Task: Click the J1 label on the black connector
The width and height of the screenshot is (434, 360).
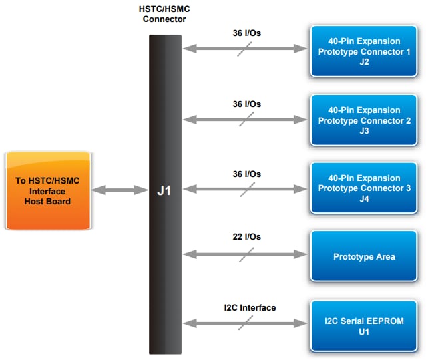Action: point(164,191)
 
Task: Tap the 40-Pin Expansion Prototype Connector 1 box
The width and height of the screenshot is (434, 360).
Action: point(363,51)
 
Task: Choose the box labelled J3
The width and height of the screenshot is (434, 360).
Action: point(363,120)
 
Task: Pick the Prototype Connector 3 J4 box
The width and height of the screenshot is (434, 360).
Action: point(363,188)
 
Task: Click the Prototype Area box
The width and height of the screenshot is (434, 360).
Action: point(363,256)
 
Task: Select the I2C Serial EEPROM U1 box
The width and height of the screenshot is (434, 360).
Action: point(363,326)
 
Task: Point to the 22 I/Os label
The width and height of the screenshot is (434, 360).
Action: point(246,236)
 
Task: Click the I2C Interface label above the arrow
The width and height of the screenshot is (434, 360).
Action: point(250,307)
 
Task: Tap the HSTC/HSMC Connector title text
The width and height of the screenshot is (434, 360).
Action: point(164,14)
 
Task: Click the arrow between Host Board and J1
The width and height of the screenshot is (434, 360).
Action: point(119,190)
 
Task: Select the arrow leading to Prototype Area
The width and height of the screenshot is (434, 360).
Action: point(245,254)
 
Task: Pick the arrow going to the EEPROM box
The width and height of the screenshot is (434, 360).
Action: point(245,323)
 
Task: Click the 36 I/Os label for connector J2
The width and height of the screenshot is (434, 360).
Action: point(246,31)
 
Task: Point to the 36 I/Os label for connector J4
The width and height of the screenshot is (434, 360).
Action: point(246,174)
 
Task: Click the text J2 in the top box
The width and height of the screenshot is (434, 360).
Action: point(363,62)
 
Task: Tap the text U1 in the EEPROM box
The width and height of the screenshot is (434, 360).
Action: point(363,331)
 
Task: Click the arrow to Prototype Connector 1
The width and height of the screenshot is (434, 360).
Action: point(245,48)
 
